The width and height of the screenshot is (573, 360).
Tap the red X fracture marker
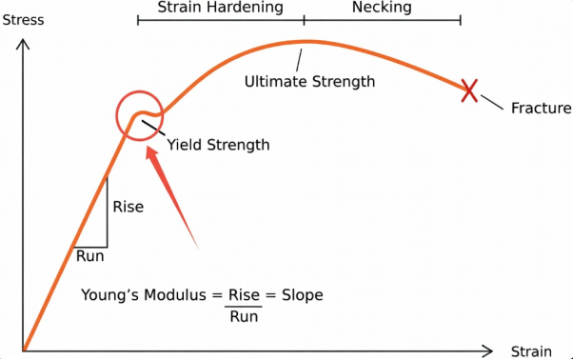(x=468, y=90)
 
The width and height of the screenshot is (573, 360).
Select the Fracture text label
(x=541, y=108)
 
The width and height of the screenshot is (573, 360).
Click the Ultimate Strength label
(x=309, y=82)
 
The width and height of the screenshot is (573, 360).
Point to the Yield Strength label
(x=218, y=145)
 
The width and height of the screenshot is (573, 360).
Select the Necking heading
(x=382, y=8)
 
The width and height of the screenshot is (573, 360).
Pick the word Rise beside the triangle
(x=128, y=207)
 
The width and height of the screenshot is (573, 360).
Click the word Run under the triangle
(x=89, y=255)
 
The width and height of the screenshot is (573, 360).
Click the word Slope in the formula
(x=301, y=295)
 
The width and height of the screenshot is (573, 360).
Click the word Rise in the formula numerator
(x=245, y=295)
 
